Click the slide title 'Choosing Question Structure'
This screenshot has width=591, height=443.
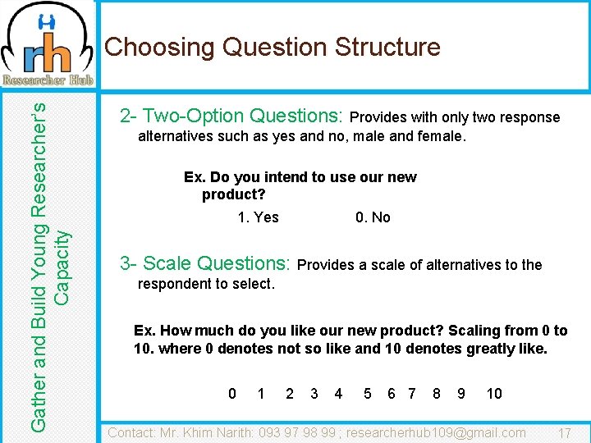click(x=273, y=47)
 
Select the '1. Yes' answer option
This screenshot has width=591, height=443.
click(x=258, y=217)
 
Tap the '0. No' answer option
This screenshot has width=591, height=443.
click(x=373, y=217)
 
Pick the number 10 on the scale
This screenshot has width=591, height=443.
click(x=494, y=394)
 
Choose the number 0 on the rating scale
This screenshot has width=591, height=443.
click(x=232, y=394)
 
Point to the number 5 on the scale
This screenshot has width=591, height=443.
click(x=367, y=394)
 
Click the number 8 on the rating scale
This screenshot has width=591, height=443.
click(x=436, y=394)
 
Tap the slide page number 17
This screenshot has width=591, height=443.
click(x=565, y=433)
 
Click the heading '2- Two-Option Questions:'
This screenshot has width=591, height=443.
click(x=231, y=116)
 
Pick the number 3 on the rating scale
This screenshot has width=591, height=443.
click(x=314, y=394)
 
